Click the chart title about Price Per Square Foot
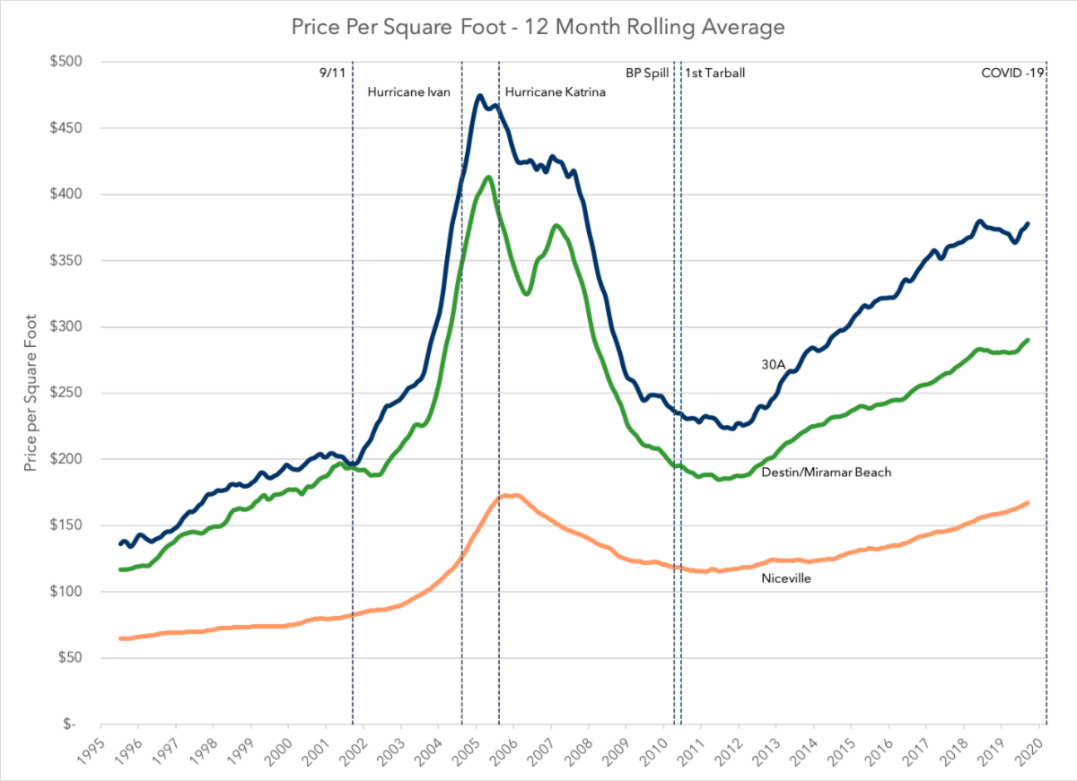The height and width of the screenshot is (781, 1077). (538, 27)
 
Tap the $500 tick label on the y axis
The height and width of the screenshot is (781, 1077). (66, 62)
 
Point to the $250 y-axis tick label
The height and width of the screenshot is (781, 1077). (66, 393)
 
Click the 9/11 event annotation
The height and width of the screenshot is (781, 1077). (332, 74)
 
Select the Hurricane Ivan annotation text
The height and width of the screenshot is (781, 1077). (408, 91)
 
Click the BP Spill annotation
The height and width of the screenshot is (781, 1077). (647, 74)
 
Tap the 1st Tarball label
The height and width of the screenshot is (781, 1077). (715, 74)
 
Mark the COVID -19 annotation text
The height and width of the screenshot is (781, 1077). (1012, 74)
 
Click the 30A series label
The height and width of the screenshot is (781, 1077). (773, 364)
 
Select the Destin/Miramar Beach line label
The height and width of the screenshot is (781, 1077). (826, 472)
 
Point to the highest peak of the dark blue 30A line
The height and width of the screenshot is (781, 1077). (481, 95)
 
